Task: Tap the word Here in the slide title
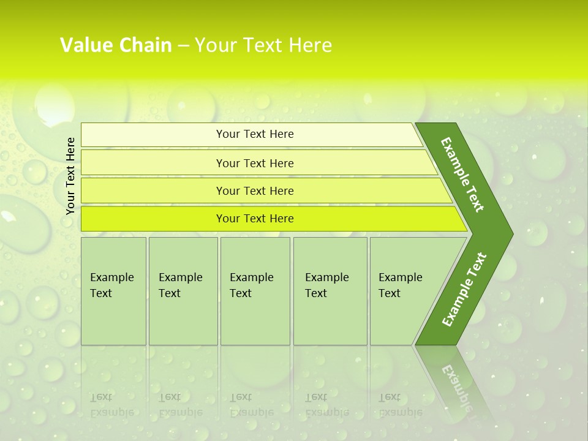[x=309, y=45]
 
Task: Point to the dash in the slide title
[x=183, y=46]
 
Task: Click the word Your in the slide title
[x=214, y=45]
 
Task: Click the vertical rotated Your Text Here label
[x=70, y=176]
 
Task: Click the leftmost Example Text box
[x=113, y=291]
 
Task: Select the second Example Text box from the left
[x=183, y=291]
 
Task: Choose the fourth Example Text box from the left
[x=330, y=291]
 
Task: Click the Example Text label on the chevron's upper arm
[x=462, y=175]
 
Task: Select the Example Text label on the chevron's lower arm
[x=464, y=290]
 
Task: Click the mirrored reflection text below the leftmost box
[x=112, y=405]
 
